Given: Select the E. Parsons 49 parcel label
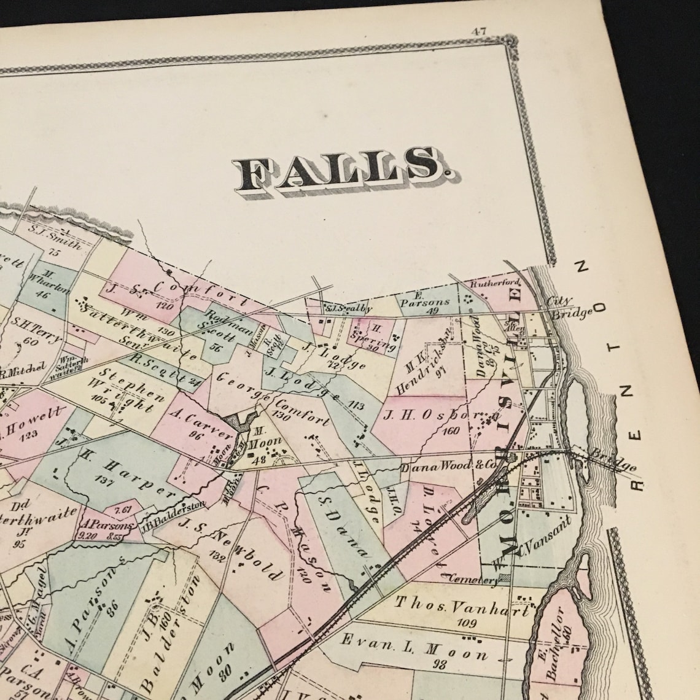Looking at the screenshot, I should click(425, 305).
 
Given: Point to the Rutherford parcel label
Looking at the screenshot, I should click(496, 284).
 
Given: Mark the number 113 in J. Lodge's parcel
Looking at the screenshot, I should click(356, 405).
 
